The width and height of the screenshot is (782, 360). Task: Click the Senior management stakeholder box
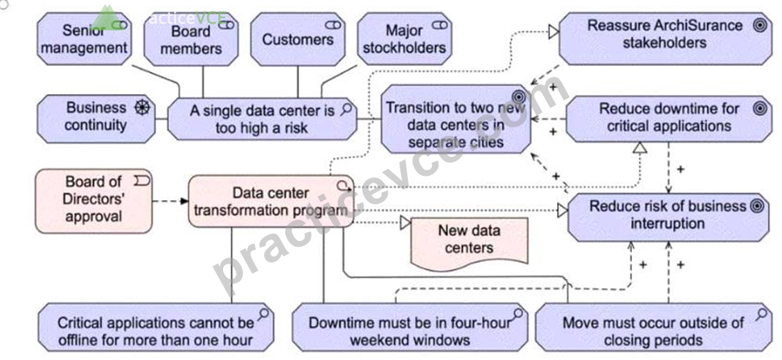(85, 39)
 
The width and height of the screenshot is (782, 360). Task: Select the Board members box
(191, 39)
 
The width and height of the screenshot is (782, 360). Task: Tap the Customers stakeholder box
(298, 39)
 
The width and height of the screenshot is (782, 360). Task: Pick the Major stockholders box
(405, 39)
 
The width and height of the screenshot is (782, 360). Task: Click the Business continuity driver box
(96, 118)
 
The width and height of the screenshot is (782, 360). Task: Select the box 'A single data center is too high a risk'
(262, 118)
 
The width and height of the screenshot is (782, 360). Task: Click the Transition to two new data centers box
(455, 118)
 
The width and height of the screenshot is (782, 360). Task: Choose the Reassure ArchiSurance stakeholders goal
(666, 39)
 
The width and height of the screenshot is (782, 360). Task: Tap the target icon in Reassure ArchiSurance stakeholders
(760, 26)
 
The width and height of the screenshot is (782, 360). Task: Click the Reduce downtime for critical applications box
(669, 118)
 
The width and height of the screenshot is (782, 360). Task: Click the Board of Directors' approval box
(94, 201)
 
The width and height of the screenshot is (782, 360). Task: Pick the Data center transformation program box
(271, 201)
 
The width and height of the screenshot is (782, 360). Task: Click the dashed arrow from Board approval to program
(170, 201)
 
